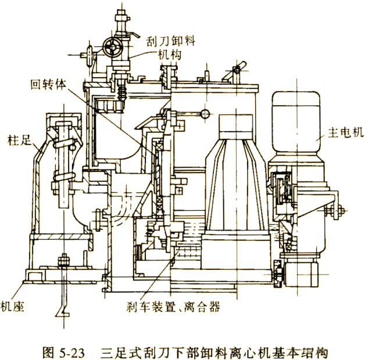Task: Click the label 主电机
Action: (x=345, y=132)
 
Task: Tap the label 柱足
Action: (x=19, y=140)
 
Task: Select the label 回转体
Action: (x=48, y=84)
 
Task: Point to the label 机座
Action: (x=12, y=307)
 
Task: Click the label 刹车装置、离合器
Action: (x=173, y=307)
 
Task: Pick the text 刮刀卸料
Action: (x=170, y=41)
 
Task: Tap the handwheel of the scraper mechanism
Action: (x=113, y=48)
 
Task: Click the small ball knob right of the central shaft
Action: (x=205, y=113)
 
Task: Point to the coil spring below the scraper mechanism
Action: (x=121, y=93)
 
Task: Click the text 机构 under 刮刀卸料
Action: (x=170, y=55)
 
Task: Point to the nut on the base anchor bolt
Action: (x=63, y=260)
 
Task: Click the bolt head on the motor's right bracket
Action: (x=341, y=210)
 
